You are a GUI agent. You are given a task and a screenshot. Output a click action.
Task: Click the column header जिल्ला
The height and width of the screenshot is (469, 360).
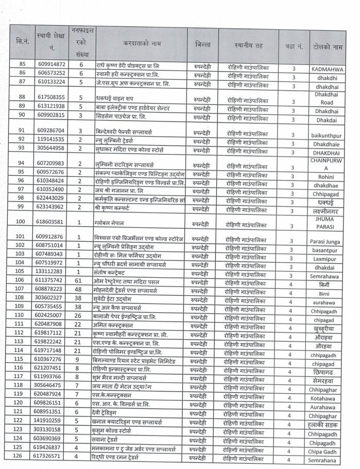coord(203,44)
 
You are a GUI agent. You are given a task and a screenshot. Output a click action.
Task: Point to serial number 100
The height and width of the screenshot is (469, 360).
coord(22,222)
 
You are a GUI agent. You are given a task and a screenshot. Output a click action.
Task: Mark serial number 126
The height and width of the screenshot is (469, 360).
coord(22,456)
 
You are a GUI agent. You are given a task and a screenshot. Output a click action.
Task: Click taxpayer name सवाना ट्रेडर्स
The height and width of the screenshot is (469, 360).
coord(112,439)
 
